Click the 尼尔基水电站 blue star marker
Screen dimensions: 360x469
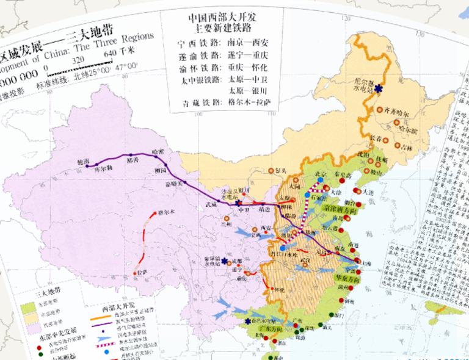[379, 89]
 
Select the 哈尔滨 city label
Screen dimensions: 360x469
[404, 129]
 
